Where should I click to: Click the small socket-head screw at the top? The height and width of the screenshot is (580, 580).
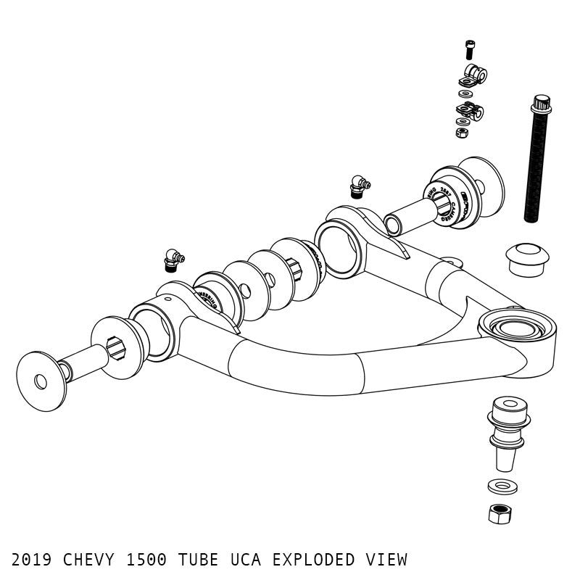click(x=469, y=49)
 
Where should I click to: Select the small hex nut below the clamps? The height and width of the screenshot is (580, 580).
click(x=462, y=133)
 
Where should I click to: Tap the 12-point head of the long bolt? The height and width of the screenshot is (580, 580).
click(x=541, y=104)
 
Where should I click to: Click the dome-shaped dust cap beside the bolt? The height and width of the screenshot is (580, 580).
click(x=527, y=258)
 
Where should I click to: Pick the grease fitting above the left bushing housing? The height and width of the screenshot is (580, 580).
click(x=173, y=260)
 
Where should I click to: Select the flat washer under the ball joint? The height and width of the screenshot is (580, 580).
click(x=502, y=486)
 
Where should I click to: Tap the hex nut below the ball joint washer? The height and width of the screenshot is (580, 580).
click(x=500, y=513)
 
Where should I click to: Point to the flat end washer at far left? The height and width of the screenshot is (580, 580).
click(x=41, y=381)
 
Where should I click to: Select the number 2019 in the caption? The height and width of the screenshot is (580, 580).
click(x=32, y=560)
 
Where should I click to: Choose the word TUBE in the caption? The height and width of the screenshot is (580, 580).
click(x=199, y=560)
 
